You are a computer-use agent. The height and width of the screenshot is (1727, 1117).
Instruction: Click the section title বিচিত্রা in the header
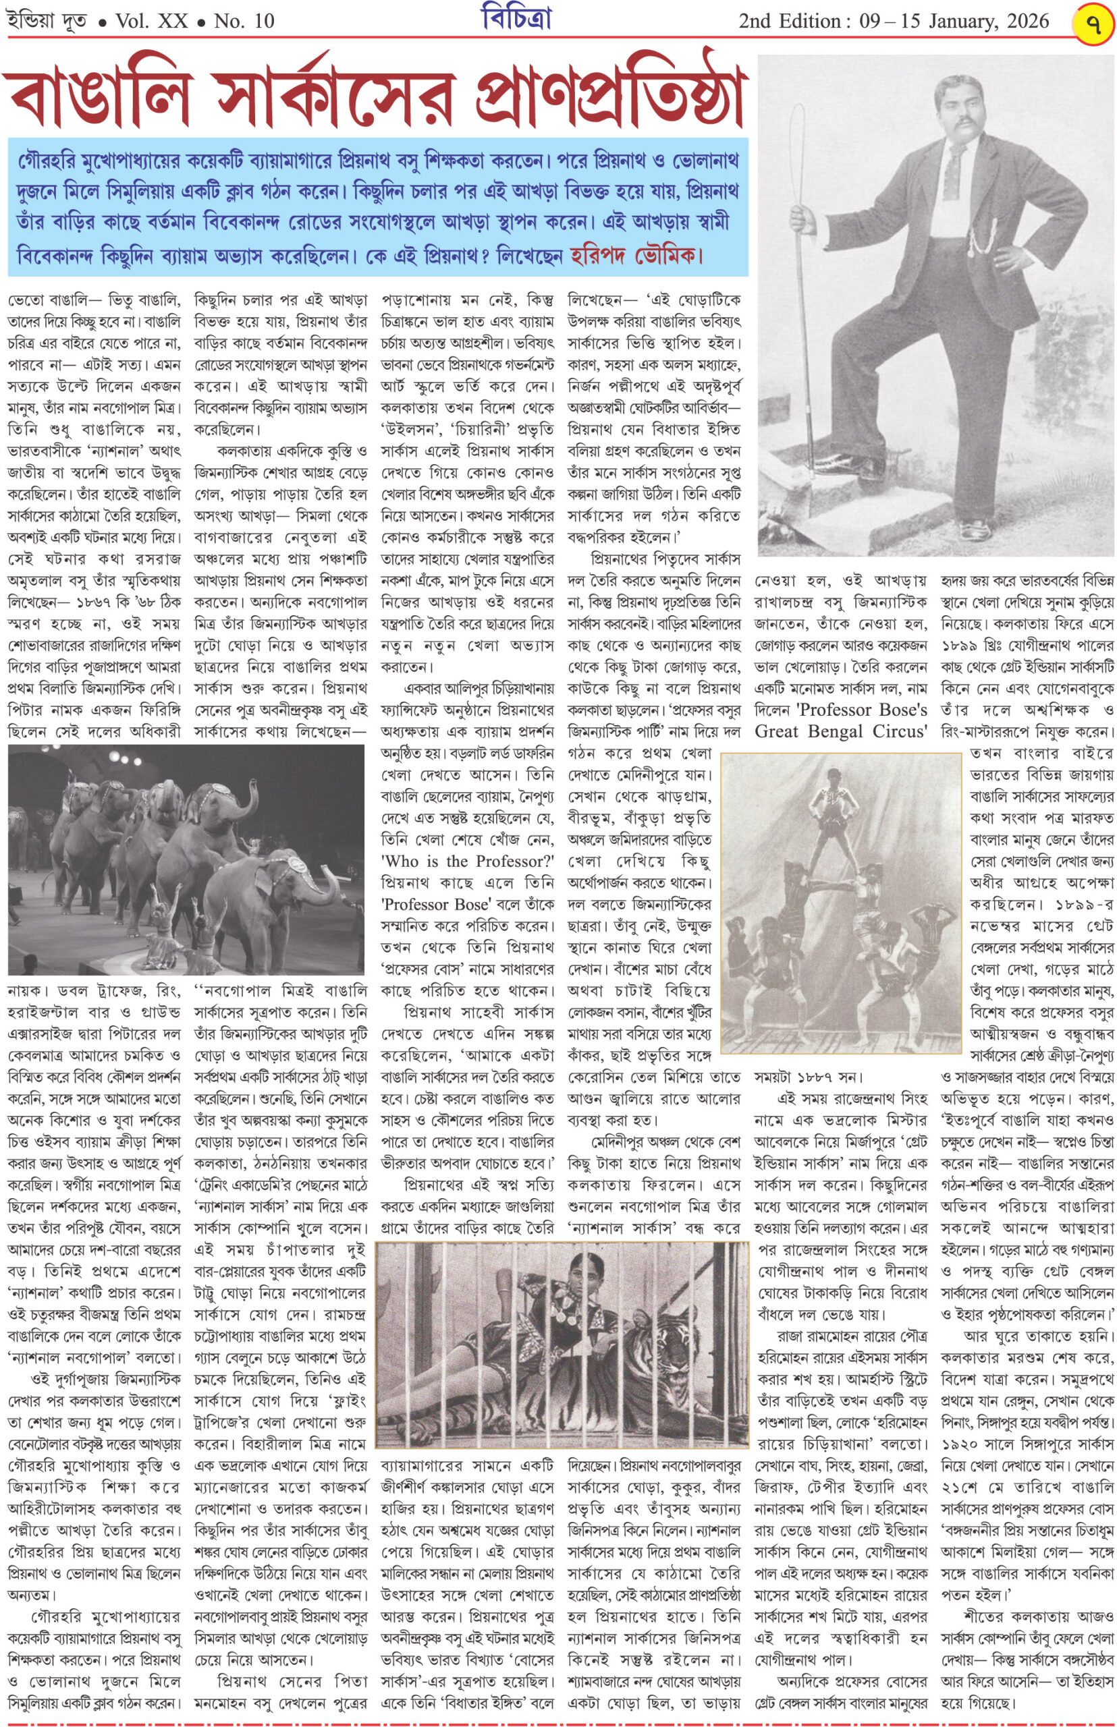pyautogui.click(x=516, y=20)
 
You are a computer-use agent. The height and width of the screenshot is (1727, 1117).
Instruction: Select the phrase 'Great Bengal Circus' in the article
pyautogui.click(x=841, y=731)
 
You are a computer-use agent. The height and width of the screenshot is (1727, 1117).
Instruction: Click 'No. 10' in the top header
pyautogui.click(x=244, y=21)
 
